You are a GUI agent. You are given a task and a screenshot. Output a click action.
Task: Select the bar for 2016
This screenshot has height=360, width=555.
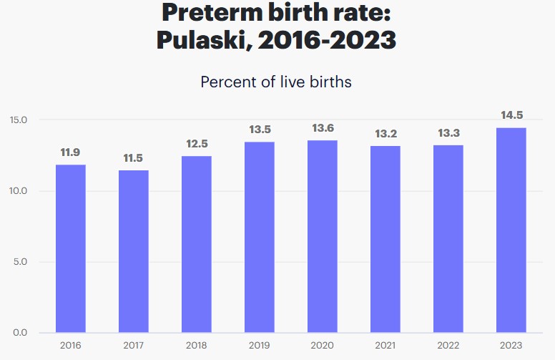(x=71, y=248)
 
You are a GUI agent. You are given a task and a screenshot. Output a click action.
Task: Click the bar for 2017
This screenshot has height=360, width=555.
(x=134, y=251)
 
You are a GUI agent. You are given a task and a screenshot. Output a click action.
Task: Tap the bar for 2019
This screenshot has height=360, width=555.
(x=260, y=237)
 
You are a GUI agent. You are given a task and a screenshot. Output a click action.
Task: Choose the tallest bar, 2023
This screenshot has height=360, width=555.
(x=511, y=230)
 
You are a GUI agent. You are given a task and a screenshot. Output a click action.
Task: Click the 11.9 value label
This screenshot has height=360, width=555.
(x=71, y=152)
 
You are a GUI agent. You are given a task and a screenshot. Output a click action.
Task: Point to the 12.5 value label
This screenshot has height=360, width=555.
(x=197, y=144)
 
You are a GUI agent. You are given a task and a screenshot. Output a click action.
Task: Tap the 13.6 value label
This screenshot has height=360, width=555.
(x=323, y=128)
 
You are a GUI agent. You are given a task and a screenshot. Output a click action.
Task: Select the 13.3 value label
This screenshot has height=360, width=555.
(x=448, y=132)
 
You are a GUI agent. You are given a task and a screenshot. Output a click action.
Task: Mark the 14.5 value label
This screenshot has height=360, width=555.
(x=511, y=115)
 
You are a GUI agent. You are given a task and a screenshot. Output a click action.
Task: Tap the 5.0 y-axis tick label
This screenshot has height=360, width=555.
(x=21, y=262)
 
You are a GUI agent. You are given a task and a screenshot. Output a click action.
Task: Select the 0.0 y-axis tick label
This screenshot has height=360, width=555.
(x=21, y=333)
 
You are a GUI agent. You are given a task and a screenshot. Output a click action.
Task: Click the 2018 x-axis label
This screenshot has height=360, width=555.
(x=197, y=346)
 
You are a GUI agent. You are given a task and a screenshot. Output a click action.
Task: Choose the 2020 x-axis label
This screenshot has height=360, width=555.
(x=323, y=346)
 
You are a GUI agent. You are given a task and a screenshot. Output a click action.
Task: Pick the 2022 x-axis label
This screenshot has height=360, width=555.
(x=448, y=346)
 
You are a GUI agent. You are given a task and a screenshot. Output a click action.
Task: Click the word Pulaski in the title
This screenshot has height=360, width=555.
(x=202, y=39)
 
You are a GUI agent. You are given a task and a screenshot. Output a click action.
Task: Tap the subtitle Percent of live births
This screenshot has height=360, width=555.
(x=276, y=82)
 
